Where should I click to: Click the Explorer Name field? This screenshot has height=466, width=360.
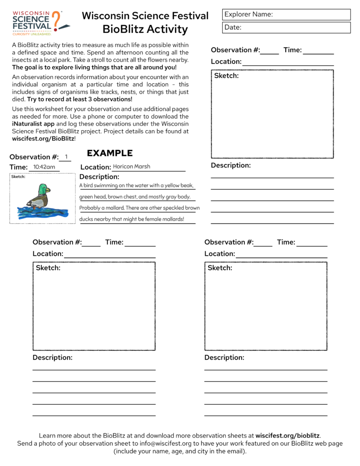(x=286, y=14)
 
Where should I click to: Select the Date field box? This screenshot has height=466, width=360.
(x=286, y=27)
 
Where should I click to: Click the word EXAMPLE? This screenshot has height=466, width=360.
(x=110, y=153)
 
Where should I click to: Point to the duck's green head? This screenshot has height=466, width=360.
(x=43, y=189)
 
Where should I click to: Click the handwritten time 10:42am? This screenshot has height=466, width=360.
(x=44, y=167)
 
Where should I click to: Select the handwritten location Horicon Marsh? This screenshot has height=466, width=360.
(x=131, y=167)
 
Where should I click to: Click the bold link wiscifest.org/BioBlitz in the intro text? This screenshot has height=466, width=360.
(x=43, y=139)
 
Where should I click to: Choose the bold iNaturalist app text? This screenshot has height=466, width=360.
(x=33, y=123)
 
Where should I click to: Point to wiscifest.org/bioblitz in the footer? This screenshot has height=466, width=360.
(x=288, y=436)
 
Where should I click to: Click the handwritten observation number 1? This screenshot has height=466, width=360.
(x=66, y=157)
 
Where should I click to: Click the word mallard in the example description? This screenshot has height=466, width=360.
(x=114, y=208)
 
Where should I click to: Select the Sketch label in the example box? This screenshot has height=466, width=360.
(x=18, y=177)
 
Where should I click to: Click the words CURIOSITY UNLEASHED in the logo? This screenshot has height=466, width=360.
(x=31, y=34)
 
